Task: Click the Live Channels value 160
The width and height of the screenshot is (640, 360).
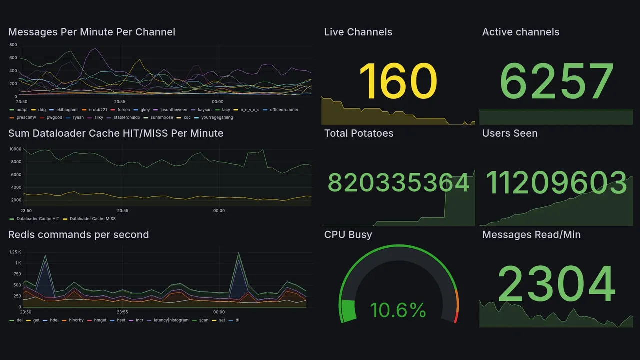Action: (398, 81)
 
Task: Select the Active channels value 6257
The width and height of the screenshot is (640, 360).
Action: (557, 81)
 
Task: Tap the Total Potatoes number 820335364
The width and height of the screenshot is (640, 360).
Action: (398, 183)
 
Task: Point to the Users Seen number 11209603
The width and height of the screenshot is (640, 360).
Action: (556, 182)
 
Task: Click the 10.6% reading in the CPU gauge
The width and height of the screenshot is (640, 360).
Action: (398, 310)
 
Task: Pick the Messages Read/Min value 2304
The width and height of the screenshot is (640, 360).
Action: (556, 284)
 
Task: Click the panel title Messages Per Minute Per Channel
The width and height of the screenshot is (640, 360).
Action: (92, 32)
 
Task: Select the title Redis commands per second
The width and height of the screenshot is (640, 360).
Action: (79, 235)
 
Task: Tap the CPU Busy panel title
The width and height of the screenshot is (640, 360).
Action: (348, 235)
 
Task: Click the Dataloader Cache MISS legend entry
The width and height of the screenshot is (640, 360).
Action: (92, 219)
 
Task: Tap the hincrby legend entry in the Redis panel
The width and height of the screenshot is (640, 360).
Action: (76, 320)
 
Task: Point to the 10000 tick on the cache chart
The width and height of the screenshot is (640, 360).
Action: (15, 149)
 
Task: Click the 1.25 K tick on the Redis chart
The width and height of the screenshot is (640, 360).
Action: (15, 252)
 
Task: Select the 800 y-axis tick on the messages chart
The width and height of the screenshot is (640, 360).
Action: (13, 45)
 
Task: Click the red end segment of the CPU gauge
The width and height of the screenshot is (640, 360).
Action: (455, 317)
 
